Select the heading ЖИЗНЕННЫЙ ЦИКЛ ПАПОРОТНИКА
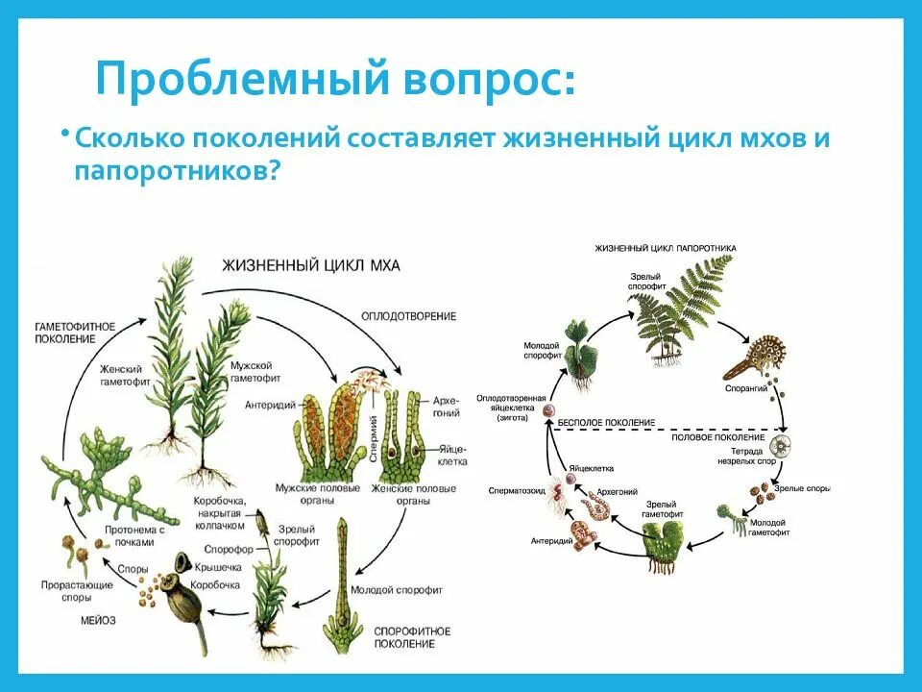[x=665, y=248]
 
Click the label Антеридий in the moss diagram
[x=272, y=404]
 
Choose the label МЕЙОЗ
[x=98, y=621]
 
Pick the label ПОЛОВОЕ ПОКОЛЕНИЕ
[x=713, y=436]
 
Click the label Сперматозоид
[x=519, y=490]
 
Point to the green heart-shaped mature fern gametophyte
[x=666, y=542]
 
